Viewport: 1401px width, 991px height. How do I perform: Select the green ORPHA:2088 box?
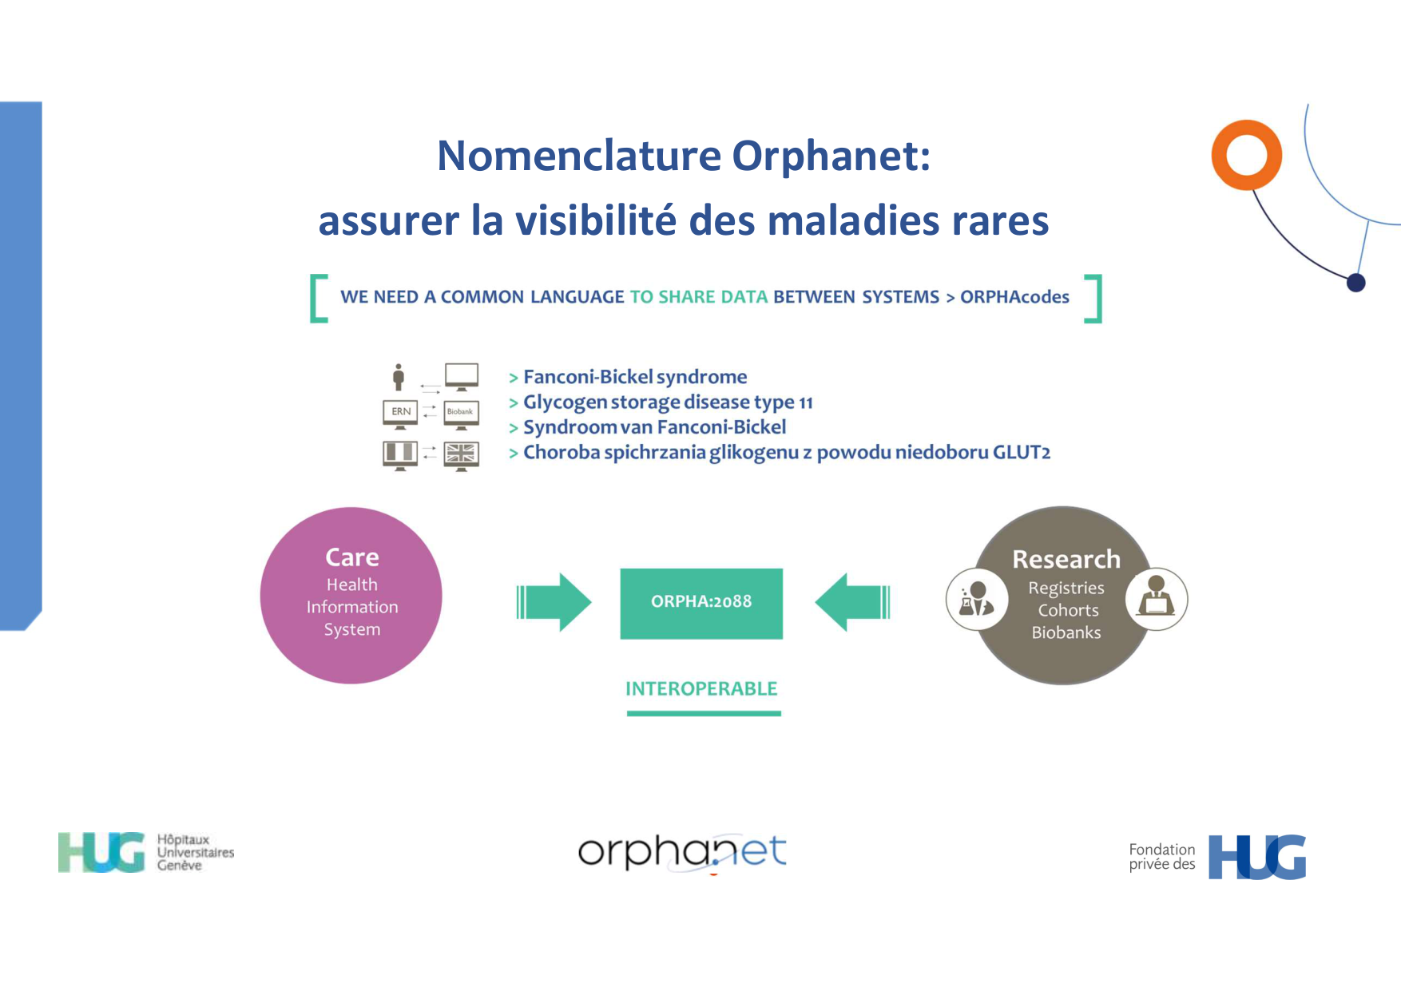[x=701, y=603]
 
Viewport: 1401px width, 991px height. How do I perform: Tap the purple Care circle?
[x=351, y=596]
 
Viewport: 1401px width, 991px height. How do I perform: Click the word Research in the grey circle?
[x=1066, y=559]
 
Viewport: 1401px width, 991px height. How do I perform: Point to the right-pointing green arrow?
[x=554, y=602]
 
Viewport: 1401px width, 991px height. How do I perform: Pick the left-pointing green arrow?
[x=852, y=602]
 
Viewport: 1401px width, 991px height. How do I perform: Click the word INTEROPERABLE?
[x=701, y=688]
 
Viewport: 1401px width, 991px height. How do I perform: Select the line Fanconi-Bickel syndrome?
[x=635, y=377]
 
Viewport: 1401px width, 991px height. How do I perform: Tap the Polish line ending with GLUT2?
[x=786, y=453]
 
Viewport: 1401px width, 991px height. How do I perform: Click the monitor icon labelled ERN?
[x=400, y=413]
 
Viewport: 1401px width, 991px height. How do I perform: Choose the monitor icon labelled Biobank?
[x=461, y=413]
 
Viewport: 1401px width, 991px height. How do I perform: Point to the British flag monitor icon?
[x=461, y=455]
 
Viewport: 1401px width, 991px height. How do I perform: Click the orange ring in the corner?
[x=1246, y=155]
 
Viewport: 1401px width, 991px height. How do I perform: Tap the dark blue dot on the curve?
[x=1355, y=283]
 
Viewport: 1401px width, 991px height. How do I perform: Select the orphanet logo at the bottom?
[x=682, y=852]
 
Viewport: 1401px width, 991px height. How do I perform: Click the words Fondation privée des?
[x=1161, y=857]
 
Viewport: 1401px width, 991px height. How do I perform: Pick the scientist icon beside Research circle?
[x=976, y=599]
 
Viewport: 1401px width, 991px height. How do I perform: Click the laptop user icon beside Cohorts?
[x=1156, y=599]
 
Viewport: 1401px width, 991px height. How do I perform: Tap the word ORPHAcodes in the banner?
[x=1014, y=297]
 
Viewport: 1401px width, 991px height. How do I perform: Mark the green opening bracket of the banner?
[x=317, y=299]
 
